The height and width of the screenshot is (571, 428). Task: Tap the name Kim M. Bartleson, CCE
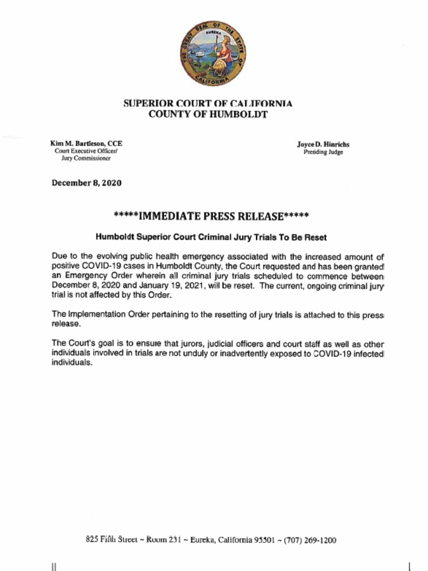[x=86, y=143]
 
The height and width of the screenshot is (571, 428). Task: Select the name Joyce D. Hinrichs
[x=323, y=144]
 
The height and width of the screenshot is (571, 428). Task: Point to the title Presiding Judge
[x=323, y=152]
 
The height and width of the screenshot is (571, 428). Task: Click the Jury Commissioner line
[x=86, y=158]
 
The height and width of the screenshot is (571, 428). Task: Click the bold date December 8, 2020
[x=86, y=183]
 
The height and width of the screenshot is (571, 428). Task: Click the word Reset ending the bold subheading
[x=315, y=237]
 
